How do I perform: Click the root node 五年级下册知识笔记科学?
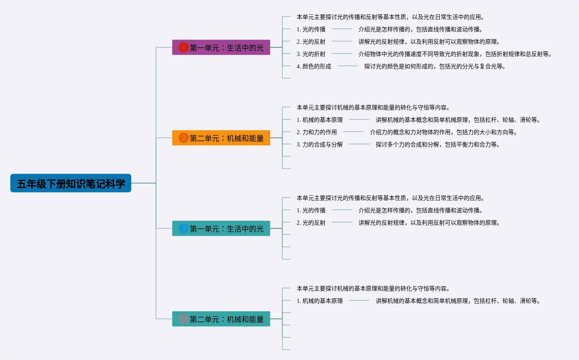point(71,183)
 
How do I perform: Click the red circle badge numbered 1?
point(183,48)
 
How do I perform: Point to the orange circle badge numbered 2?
point(183,138)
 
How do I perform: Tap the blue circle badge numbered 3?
point(183,229)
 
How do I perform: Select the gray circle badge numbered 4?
point(183,319)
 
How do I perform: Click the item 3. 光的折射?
point(311,54)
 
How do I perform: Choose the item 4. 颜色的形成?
point(314,66)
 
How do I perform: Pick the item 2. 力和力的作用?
point(316,132)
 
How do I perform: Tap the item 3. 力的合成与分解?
point(319,144)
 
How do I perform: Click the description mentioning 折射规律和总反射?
point(455,54)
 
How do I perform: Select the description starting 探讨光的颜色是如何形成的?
point(435,66)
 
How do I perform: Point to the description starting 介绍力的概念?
point(443,132)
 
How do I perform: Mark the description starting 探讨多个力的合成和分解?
point(437,144)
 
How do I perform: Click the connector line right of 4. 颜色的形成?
point(348,66)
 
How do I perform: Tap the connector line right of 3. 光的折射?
point(342,53)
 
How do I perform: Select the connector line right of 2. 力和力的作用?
point(353,132)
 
